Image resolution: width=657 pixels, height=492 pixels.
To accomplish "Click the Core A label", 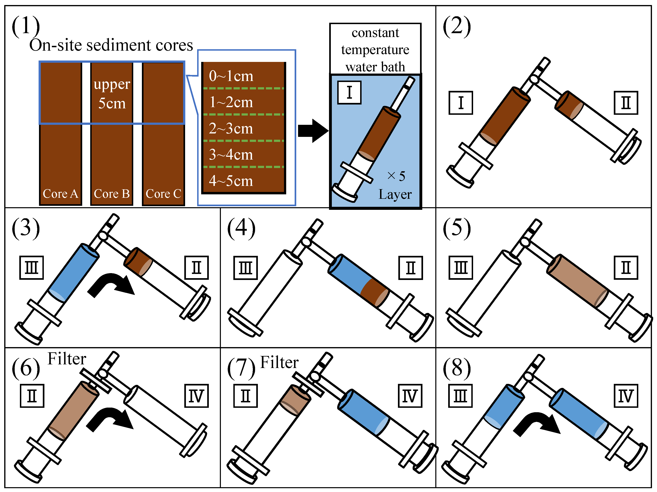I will (60, 194).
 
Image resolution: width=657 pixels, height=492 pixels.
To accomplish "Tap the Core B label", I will (112, 194).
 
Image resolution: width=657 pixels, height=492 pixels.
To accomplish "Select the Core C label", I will (163, 194).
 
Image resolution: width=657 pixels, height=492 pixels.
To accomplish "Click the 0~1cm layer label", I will (231, 76).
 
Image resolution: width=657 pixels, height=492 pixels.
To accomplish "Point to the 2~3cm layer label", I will (231, 128).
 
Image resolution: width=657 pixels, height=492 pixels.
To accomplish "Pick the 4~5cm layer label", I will (231, 181).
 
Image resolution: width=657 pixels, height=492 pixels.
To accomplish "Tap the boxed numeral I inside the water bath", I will (349, 92).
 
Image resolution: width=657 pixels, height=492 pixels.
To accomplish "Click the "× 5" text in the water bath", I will (396, 176).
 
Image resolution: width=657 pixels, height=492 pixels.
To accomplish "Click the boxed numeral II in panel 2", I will (626, 103).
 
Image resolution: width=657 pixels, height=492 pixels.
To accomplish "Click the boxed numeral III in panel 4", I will (245, 268).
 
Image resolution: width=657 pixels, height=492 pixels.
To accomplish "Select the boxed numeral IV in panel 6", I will (196, 396).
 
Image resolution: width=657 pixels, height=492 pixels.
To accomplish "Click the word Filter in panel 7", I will (279, 362).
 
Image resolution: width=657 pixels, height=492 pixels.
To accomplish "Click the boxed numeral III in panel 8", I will (460, 396).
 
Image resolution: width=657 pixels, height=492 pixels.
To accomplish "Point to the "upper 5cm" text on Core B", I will (112, 94).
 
